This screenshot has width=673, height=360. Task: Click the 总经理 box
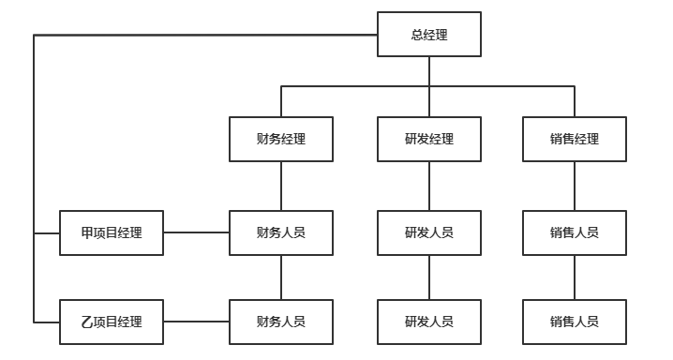[429, 36]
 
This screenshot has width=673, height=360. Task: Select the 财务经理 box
[281, 139]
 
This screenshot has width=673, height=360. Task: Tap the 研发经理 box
[429, 139]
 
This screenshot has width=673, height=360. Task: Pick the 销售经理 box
[574, 139]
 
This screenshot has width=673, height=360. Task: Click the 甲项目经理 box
[112, 232]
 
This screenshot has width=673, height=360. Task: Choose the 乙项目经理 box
[112, 322]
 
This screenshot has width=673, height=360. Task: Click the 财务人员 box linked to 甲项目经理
[281, 232]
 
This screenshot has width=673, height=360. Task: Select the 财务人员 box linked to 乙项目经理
[281, 322]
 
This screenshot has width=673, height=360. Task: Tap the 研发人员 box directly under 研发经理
[429, 232]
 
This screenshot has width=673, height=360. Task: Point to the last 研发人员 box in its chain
[429, 322]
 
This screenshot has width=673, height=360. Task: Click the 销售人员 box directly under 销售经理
[574, 232]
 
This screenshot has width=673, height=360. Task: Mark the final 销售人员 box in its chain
[574, 322]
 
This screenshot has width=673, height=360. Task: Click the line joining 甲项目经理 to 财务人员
[197, 232]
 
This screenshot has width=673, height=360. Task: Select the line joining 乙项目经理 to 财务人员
[197, 322]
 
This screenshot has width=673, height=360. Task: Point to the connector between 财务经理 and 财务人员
[281, 186]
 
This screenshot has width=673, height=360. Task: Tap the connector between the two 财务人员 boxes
[281, 277]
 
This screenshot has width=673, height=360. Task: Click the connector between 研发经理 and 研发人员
[429, 186]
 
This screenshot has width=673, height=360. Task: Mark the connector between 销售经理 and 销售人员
[574, 186]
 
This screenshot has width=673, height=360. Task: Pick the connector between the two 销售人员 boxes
[574, 277]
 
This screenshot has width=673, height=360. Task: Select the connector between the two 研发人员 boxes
[429, 277]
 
